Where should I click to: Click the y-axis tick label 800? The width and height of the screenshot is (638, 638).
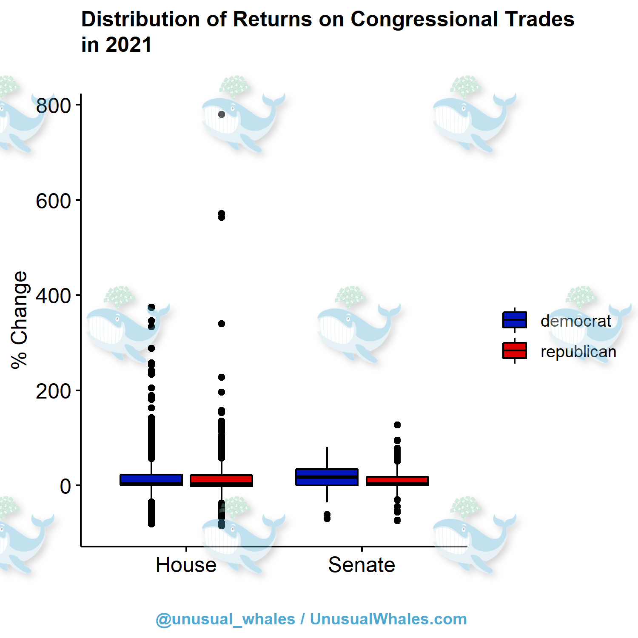[53, 105]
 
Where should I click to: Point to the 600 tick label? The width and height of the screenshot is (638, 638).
[53, 201]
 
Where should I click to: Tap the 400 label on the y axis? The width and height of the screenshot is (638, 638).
[53, 296]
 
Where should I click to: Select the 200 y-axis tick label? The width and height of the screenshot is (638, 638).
[53, 391]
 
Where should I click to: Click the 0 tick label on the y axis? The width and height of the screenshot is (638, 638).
[65, 486]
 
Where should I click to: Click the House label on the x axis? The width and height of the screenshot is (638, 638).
[186, 565]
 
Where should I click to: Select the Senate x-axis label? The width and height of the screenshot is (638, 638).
[362, 565]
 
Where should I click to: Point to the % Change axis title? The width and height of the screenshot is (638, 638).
[19, 320]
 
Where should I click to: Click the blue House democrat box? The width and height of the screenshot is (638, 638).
[151, 480]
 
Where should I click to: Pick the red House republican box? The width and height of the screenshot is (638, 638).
[221, 480]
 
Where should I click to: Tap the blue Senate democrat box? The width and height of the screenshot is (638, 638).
[327, 477]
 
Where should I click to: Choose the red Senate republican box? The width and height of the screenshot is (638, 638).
[397, 481]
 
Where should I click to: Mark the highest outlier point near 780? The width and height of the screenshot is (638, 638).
[222, 114]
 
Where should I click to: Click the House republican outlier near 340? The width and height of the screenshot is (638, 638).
[222, 324]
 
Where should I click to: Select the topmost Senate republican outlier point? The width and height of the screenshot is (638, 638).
[397, 425]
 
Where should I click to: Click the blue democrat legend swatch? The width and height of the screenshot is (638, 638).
[515, 320]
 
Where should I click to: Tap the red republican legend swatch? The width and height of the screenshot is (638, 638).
[515, 350]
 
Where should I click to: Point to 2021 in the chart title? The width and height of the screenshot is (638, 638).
[128, 45]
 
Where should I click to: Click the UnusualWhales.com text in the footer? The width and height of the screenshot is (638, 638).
[388, 619]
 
